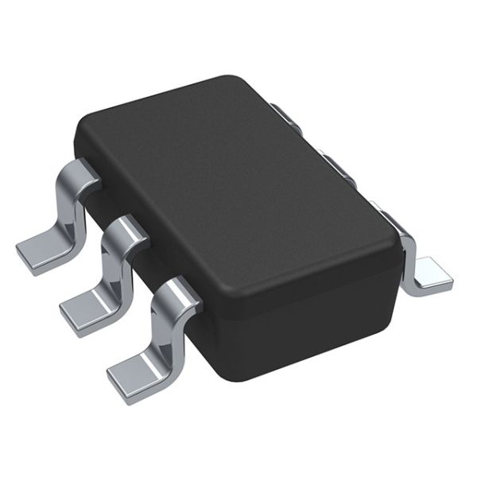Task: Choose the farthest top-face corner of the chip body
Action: tap(231, 79)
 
